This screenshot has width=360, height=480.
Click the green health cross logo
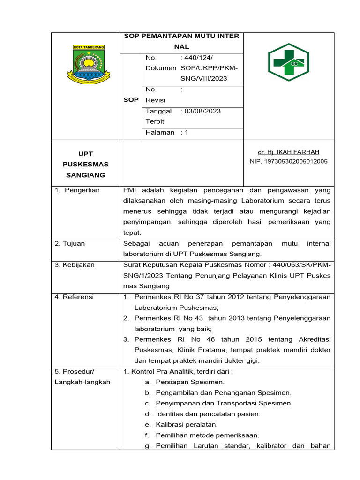coord(289,62)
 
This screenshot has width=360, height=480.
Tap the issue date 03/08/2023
coord(202,111)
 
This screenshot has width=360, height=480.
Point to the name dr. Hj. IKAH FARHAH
coord(288,152)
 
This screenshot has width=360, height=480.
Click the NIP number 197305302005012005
coord(288,161)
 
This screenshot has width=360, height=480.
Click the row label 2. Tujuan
coord(70,244)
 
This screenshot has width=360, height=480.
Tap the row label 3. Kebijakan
coord(75,265)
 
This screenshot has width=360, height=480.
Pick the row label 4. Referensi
coord(74,297)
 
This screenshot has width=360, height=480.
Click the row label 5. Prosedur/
coord(74,371)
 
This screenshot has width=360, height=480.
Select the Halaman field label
coord(160,133)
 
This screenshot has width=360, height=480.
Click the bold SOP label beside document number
coord(131,100)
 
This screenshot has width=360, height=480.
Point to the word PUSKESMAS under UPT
coord(86,165)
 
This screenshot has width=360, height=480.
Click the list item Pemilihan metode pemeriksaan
coord(207,435)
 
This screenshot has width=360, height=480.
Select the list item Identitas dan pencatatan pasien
coord(208,414)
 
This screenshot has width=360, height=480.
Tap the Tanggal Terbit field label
coord(159,116)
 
